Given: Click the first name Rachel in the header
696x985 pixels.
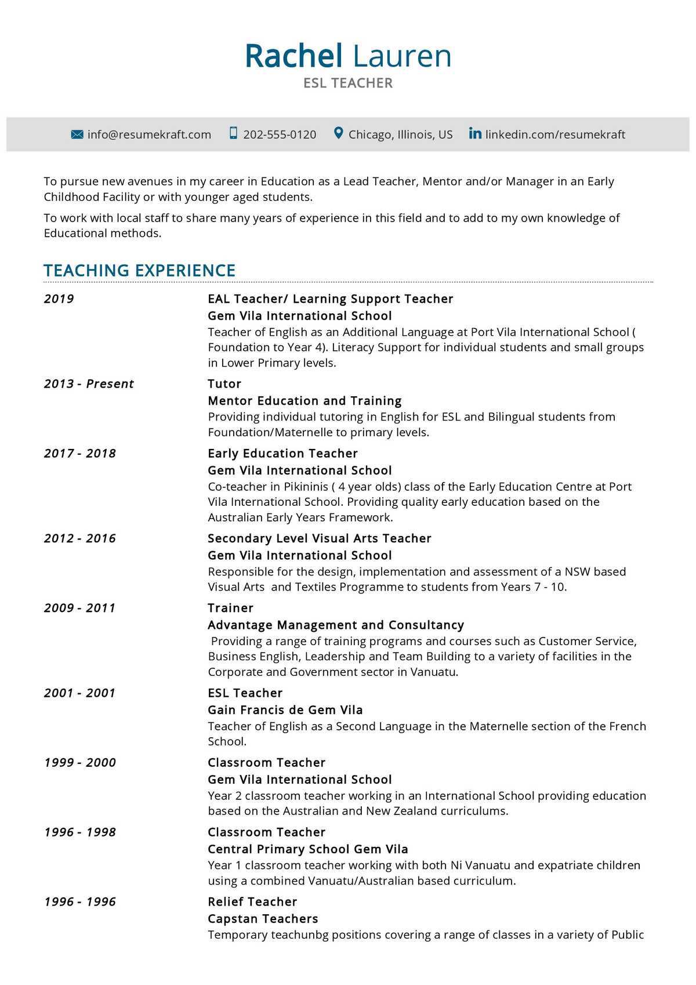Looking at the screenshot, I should [x=293, y=56].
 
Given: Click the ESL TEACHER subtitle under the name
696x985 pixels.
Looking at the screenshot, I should [x=348, y=83].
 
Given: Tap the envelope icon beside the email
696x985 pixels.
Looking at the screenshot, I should [x=77, y=134].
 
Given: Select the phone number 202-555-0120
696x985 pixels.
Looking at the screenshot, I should [x=280, y=135].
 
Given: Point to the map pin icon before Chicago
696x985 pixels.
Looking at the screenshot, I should [x=339, y=133].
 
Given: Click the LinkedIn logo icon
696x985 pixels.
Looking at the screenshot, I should [x=475, y=133].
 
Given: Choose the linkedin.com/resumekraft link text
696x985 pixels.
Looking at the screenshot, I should [x=555, y=135].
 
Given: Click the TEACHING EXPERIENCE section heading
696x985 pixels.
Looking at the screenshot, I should [x=140, y=270].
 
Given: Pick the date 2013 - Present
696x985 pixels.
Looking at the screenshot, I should [x=89, y=383].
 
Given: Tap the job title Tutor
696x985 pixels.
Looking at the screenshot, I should [x=224, y=383].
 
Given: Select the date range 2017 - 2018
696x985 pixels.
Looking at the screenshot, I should [x=80, y=453].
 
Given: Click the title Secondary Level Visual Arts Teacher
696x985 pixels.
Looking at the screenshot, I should [x=320, y=538].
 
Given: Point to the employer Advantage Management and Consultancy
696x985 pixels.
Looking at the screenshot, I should [x=336, y=625].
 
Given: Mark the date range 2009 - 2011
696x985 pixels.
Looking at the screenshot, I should [x=80, y=608].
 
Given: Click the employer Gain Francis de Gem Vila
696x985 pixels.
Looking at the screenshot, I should [x=285, y=709].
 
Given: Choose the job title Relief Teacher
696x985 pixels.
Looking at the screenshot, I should [x=252, y=901].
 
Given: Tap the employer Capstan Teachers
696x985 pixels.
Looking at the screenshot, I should [x=263, y=918].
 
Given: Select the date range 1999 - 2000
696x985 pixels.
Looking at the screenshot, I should [x=80, y=762].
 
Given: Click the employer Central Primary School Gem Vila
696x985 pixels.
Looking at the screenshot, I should [x=308, y=849].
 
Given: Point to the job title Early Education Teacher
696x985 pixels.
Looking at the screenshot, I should [x=282, y=453].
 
